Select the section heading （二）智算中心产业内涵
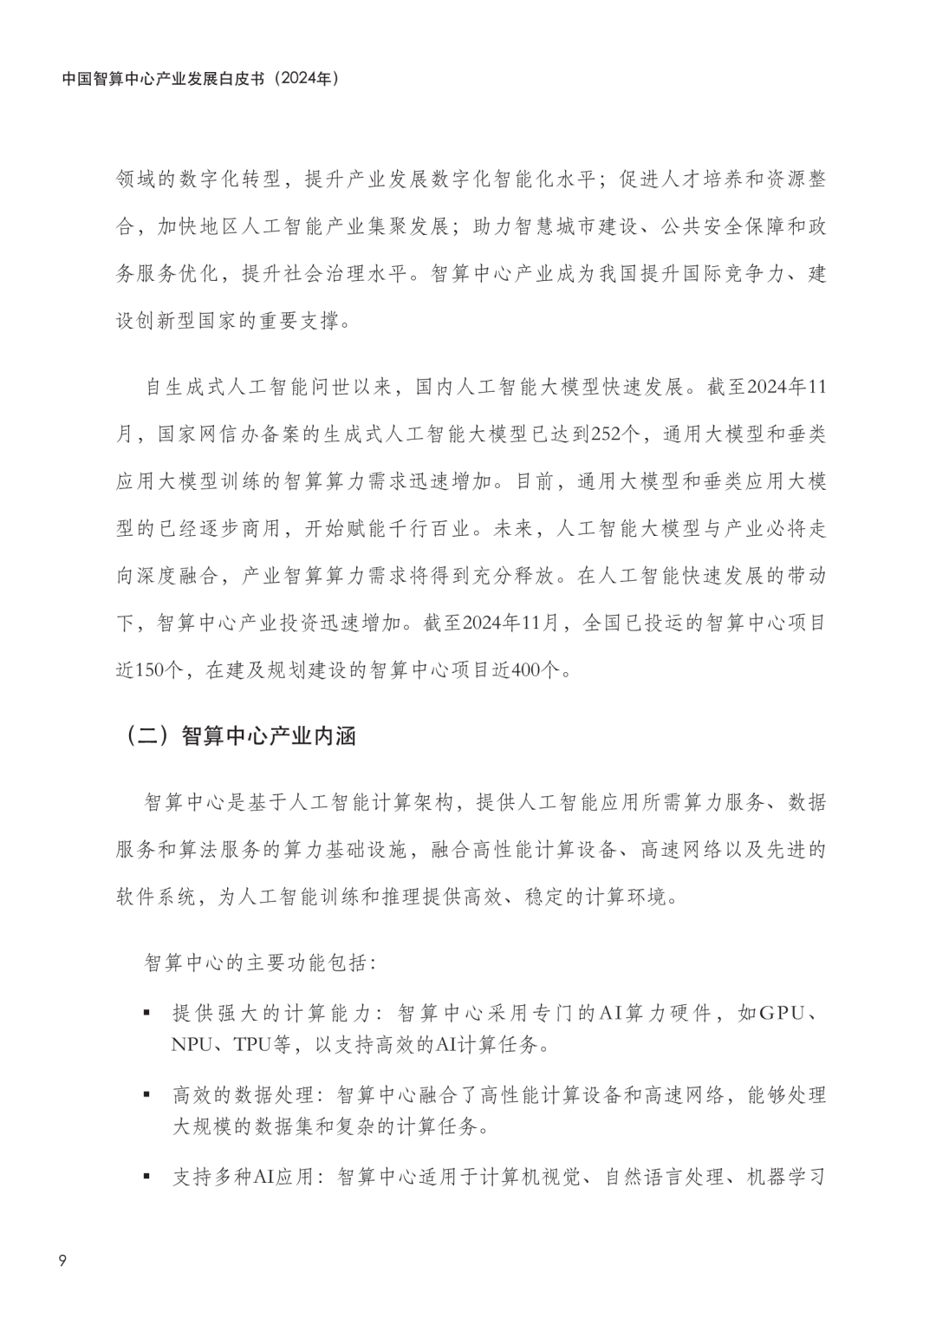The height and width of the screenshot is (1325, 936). pos(237,736)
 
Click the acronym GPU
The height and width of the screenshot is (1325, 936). pos(782,1013)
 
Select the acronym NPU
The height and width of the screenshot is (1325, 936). pos(192,1044)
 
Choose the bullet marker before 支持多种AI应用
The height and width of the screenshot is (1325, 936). pos(146,1178)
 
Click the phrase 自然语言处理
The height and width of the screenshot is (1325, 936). pos(663,1178)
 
